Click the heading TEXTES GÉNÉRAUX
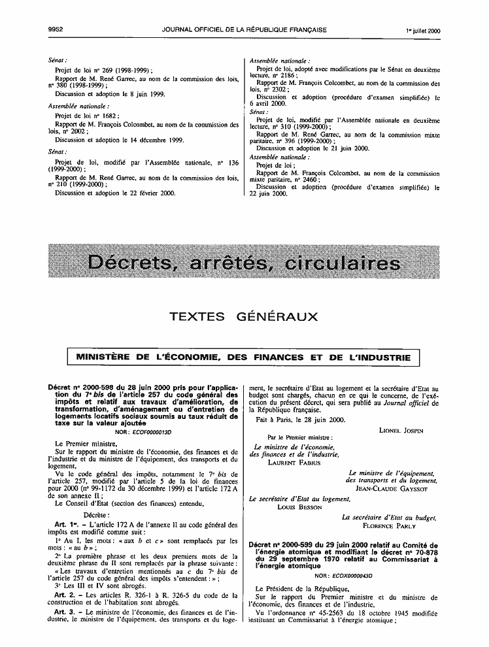[244, 317]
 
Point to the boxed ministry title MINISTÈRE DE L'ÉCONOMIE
[244, 357]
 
